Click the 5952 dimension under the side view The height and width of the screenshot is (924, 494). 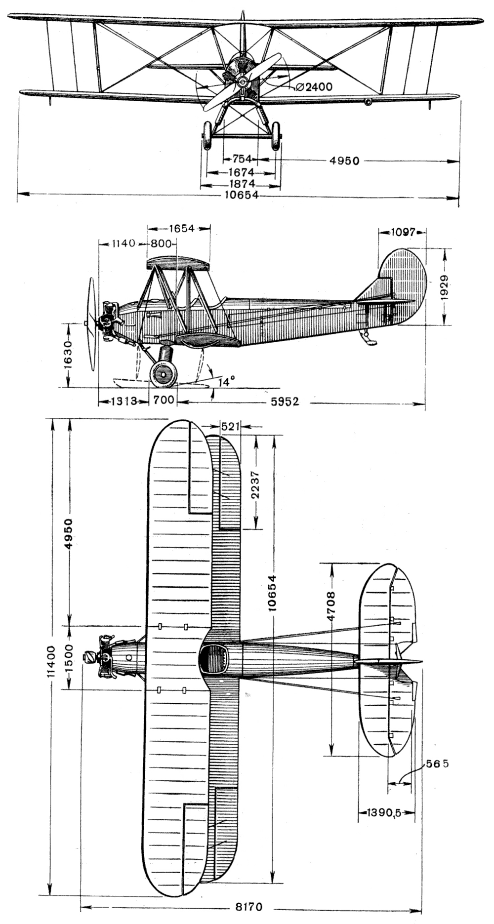click(286, 402)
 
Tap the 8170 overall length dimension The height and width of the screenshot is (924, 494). click(249, 907)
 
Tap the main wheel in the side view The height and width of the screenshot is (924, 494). click(163, 374)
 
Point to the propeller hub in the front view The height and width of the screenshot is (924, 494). click(242, 81)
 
